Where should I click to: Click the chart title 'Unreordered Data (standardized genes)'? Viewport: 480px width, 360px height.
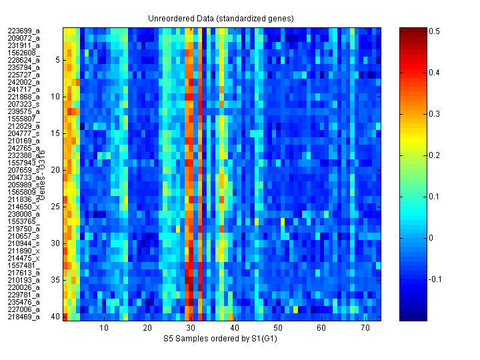(x=222, y=18)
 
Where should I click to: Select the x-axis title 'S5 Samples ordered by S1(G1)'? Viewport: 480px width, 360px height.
(x=222, y=339)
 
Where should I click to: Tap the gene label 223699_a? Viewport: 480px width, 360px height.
(x=24, y=31)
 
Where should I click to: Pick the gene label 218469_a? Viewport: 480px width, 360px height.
(x=24, y=317)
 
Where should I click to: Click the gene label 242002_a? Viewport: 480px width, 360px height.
(x=24, y=82)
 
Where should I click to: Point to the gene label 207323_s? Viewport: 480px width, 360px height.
(x=24, y=104)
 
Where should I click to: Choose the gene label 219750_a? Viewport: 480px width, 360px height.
(x=24, y=229)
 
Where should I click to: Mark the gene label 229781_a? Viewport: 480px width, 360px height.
(x=24, y=295)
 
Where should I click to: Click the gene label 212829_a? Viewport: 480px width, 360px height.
(x=24, y=126)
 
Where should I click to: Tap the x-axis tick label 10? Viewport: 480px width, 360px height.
(x=104, y=328)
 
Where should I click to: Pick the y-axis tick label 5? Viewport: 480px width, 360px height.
(x=57, y=60)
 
